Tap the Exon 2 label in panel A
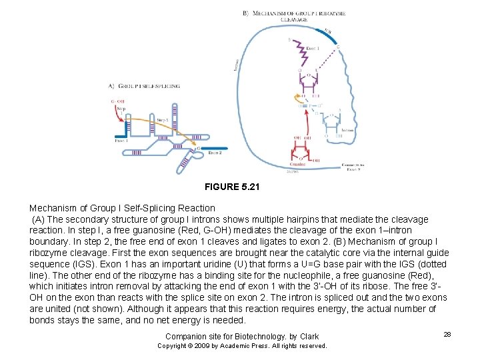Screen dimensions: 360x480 (x=215, y=153)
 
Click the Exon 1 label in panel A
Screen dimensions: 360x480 (x=121, y=141)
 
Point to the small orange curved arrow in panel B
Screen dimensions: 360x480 (x=297, y=99)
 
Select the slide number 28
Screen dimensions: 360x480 (x=447, y=333)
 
